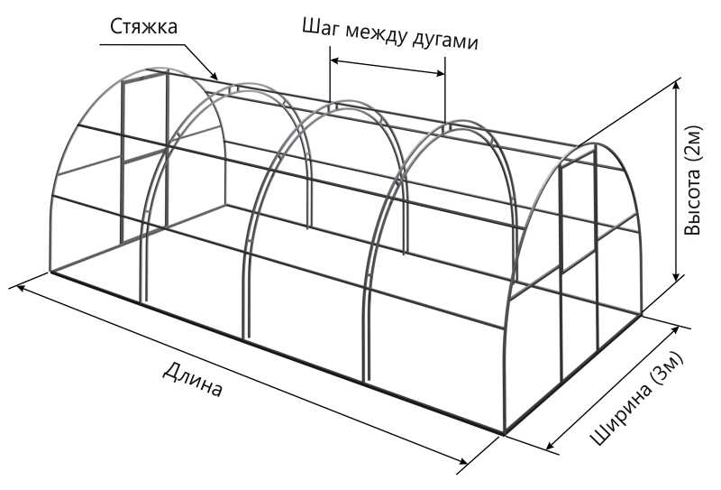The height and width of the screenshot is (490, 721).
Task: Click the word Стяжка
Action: (143, 27)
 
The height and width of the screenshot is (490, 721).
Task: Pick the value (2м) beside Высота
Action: (693, 143)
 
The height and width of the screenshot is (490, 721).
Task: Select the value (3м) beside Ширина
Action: (668, 369)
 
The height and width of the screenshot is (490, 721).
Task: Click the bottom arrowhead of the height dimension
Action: (676, 274)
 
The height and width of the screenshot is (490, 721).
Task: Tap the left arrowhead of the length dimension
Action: (22, 288)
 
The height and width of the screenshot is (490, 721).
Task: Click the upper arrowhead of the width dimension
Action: (674, 332)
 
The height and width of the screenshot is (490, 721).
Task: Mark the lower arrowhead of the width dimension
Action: (552, 444)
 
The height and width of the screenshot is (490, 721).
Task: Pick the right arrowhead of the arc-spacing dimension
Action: (438, 73)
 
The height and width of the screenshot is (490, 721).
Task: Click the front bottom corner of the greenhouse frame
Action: (504, 434)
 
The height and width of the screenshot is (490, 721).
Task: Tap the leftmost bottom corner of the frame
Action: (50, 272)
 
